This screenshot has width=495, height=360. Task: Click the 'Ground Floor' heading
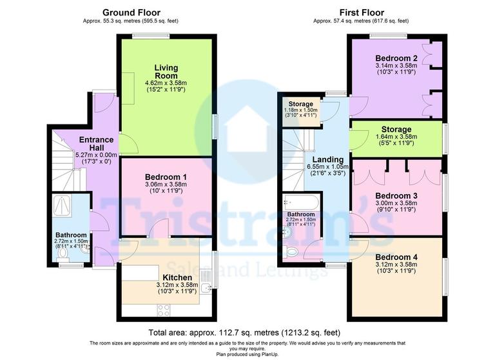pos(131,12)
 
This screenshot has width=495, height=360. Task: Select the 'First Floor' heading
pos(362,12)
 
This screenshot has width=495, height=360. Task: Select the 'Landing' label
pos(327,159)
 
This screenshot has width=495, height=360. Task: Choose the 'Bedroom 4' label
pos(396,257)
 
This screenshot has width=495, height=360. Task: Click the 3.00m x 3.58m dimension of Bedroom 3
pos(396,205)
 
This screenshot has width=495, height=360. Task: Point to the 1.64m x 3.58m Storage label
pos(396,136)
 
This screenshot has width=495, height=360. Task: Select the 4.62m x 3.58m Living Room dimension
pos(166,83)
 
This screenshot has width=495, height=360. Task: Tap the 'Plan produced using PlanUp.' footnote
pos(247,354)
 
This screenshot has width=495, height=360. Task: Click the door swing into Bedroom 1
pos(161,229)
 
